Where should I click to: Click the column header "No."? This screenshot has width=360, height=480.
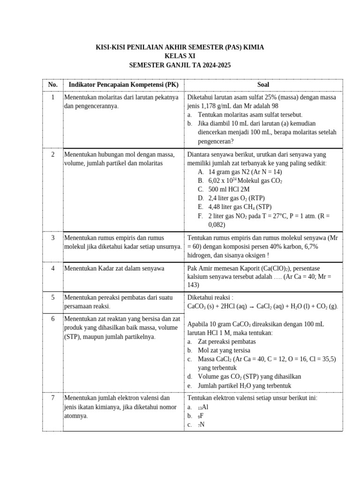tap(52, 85)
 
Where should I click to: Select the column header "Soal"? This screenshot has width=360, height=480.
tap(263, 85)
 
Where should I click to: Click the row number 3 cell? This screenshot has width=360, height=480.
tap(52, 238)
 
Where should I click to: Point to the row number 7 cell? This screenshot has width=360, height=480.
tap(52, 398)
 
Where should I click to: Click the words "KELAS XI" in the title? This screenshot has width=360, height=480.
tap(180, 56)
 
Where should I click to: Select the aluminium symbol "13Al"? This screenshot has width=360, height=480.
tap(202, 407)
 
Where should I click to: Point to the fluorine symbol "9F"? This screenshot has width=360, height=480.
tap(200, 416)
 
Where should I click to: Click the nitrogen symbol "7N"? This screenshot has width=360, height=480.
tap(201, 425)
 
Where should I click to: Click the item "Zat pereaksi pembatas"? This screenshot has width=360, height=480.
tap(226, 341)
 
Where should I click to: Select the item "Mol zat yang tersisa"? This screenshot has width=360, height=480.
tap(224, 350)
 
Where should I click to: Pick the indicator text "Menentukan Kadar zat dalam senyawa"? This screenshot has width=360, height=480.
tap(114, 268)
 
